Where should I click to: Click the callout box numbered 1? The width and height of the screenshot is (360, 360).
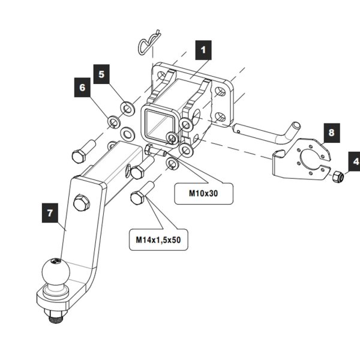[x=203, y=50]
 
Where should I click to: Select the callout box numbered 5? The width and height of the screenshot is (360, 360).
[x=101, y=74]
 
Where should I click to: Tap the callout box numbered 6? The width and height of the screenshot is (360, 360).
[x=82, y=88]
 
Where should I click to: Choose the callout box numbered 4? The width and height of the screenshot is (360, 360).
[x=354, y=161]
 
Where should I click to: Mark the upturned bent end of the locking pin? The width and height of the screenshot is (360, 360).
[x=294, y=128]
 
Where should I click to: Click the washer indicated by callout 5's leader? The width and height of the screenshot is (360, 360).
[x=127, y=107]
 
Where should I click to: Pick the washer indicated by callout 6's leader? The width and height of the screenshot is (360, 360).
[x=113, y=123]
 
